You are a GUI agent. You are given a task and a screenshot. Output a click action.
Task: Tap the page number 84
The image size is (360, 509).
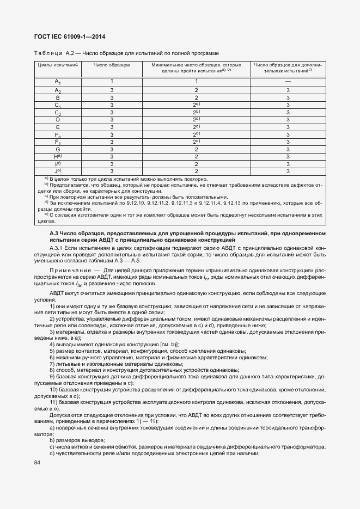(38, 463)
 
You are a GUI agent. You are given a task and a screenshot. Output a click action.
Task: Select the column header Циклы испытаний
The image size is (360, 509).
(57, 65)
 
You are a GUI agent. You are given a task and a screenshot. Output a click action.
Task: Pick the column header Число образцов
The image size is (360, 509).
(112, 65)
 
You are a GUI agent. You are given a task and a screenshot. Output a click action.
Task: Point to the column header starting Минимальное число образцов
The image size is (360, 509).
(196, 65)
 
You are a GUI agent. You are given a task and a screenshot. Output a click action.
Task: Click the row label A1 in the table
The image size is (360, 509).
(58, 82)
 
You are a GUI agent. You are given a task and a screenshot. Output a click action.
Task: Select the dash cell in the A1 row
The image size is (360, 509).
(288, 81)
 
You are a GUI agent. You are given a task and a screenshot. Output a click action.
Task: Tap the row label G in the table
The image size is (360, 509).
(58, 149)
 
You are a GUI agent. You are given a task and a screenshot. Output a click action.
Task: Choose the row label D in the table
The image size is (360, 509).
(58, 119)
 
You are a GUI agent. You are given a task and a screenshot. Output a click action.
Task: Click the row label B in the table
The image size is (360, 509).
(58, 97)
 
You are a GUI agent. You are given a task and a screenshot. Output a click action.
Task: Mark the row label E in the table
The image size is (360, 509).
(58, 127)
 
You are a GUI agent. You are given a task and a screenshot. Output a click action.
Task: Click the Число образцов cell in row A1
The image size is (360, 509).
(112, 81)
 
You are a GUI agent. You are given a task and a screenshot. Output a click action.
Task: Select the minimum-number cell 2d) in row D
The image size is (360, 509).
(196, 119)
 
